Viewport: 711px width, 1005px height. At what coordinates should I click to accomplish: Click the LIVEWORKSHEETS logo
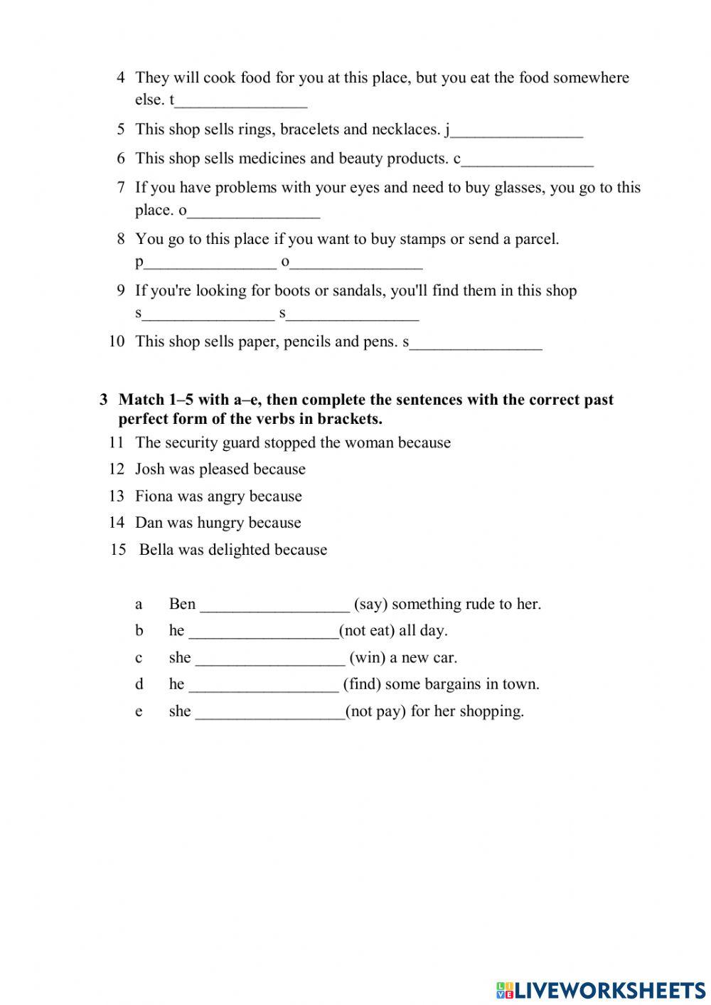(x=600, y=989)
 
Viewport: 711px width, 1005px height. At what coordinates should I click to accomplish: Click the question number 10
(x=117, y=341)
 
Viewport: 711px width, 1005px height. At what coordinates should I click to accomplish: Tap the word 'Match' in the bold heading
(x=141, y=400)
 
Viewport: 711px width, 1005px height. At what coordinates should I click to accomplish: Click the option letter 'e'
(x=139, y=711)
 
